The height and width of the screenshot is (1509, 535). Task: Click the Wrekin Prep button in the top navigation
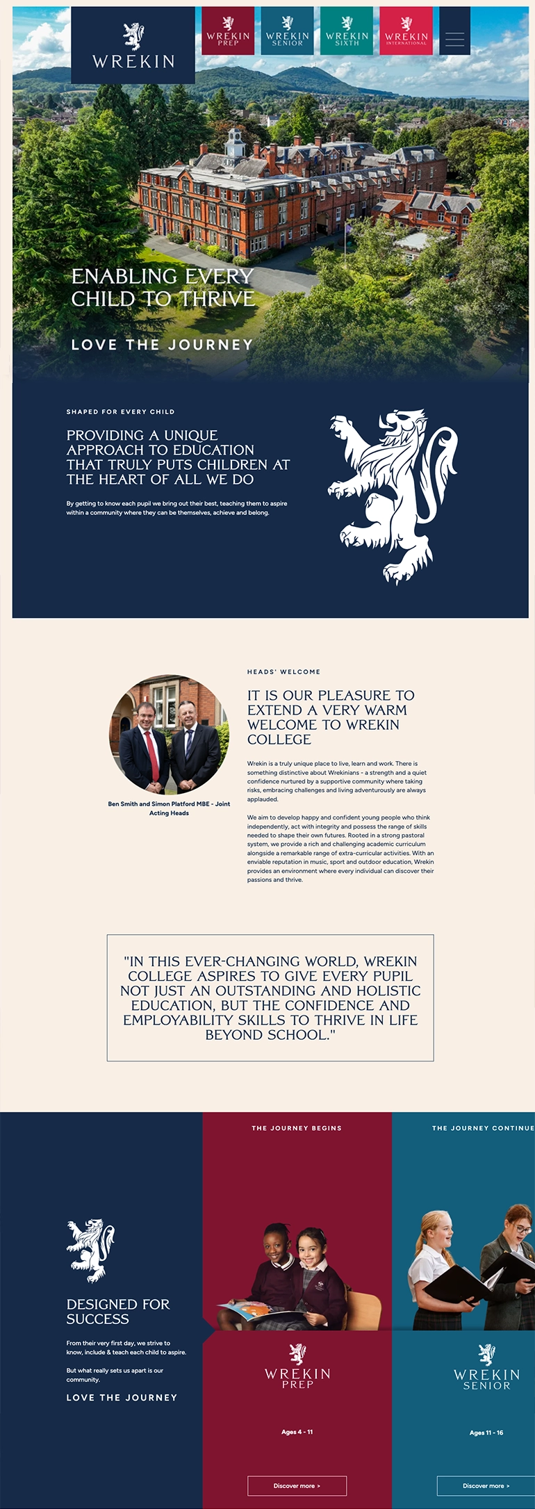pos(228,31)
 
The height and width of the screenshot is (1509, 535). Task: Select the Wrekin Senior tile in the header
pos(287,31)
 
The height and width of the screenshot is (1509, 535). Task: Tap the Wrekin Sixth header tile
pos(347,31)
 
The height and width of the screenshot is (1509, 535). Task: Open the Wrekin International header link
pos(406,31)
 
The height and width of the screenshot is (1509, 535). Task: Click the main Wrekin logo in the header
pos(133,46)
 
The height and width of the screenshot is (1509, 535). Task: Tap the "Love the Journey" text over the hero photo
pos(162,345)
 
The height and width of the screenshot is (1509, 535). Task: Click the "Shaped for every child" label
pos(120,411)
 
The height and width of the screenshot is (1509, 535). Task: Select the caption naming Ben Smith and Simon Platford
pos(169,808)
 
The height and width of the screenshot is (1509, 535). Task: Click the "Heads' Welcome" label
pos(283,671)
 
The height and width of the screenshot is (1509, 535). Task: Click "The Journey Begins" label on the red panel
pos(297,1128)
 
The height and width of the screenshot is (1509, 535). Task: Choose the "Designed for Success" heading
pos(118,1312)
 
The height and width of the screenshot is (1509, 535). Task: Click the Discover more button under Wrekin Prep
pos(297,1485)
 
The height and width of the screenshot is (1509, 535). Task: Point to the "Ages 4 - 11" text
pos(297,1432)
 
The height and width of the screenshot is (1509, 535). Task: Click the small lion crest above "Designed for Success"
pos(90,1250)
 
